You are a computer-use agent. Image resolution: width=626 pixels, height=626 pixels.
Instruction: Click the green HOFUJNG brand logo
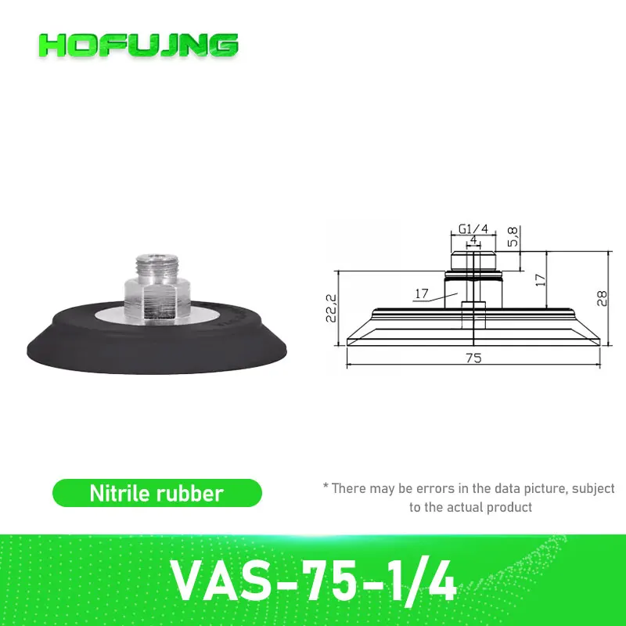(138, 45)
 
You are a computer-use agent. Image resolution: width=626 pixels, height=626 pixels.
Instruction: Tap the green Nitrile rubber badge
(156, 493)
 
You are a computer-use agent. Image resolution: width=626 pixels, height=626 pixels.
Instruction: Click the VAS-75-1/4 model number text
(312, 577)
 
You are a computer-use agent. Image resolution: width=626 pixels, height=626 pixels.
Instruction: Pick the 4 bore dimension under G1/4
(473, 241)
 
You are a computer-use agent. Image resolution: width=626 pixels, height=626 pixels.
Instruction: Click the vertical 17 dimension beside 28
(538, 279)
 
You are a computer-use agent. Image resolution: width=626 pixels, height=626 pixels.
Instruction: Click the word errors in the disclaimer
(432, 488)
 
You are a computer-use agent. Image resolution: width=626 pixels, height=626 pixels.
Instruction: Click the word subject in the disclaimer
(593, 488)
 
